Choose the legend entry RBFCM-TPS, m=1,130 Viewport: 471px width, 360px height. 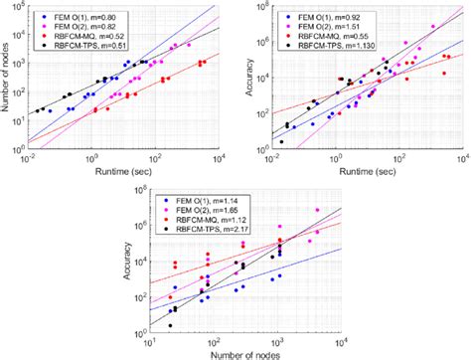tap(324, 44)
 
